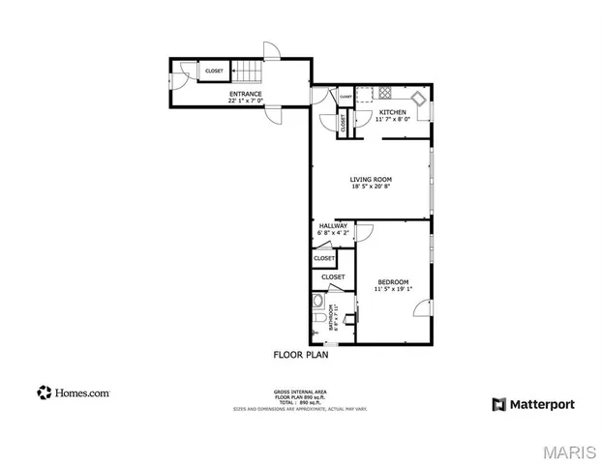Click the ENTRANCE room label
coord(245,94)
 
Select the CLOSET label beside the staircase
coord(214,71)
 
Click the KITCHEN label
coord(392,112)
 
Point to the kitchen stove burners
coord(383,95)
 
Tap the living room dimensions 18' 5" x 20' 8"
coord(371,187)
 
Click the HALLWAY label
coord(333,225)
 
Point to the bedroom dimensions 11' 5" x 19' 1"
coord(393,288)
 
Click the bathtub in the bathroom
coord(345,320)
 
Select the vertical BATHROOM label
coord(332,317)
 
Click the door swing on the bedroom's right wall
coord(422,308)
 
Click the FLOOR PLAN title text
coord(301,356)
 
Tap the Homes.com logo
coord(74,392)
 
